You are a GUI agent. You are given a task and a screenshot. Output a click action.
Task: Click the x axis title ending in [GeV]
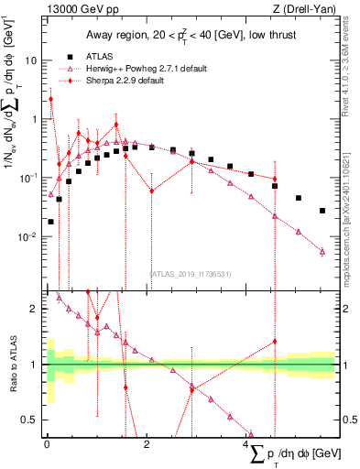[293, 453]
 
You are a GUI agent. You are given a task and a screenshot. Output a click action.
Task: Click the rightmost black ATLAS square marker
[322, 211]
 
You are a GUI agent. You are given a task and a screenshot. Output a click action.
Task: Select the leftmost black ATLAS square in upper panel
[50, 222]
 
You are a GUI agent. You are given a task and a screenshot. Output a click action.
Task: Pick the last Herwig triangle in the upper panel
[322, 250]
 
